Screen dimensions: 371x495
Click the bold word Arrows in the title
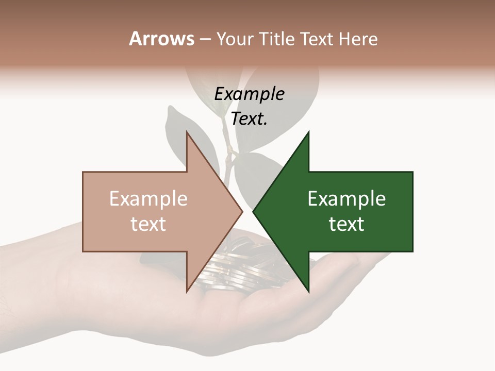(161, 39)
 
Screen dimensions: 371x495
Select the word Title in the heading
(278, 39)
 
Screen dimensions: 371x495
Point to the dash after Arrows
(205, 40)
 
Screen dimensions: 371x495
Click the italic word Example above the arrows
(249, 94)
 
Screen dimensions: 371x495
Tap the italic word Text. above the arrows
(249, 119)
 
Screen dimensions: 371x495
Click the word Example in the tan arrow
(148, 199)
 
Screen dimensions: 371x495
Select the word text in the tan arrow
(148, 224)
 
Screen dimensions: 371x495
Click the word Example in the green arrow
(346, 199)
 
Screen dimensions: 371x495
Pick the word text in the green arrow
(346, 224)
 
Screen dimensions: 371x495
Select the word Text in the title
(316, 39)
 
